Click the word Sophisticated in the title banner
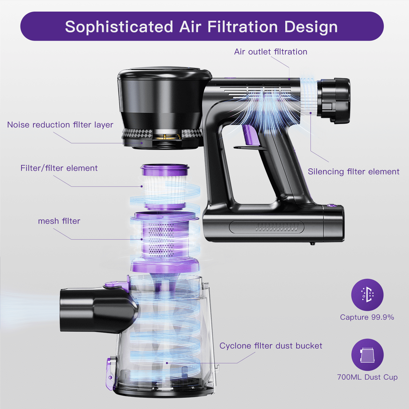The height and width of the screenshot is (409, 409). tap(119, 27)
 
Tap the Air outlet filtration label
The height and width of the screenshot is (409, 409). tap(271, 52)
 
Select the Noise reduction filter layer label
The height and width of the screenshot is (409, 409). tap(60, 125)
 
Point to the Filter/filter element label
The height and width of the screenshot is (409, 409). tap(59, 168)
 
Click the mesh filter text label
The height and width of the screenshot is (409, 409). tap(59, 221)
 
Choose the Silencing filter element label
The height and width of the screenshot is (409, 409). tap(353, 171)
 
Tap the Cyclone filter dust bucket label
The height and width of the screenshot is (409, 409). tap(271, 346)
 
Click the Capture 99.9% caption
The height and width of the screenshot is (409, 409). tap(367, 317)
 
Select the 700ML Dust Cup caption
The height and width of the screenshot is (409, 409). tap(367, 377)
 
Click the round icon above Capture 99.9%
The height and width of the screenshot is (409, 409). tap(367, 295)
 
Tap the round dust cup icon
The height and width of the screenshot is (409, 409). tap(367, 355)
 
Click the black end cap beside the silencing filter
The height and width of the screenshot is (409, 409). tap(334, 101)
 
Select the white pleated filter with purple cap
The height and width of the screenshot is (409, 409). tap(165, 187)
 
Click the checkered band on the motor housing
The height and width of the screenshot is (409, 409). tap(162, 133)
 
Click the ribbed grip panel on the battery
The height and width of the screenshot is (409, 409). tap(267, 227)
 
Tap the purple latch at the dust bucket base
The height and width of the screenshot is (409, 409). tap(110, 374)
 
